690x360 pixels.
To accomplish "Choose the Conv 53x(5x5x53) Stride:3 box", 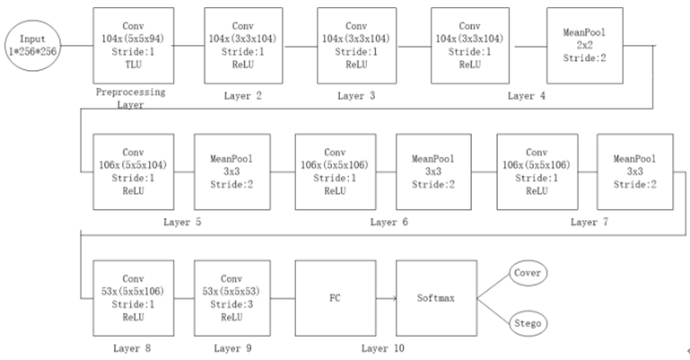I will click(x=232, y=297).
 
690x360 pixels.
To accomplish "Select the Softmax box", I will click(x=435, y=297).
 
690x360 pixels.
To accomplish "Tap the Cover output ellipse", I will click(x=528, y=272).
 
